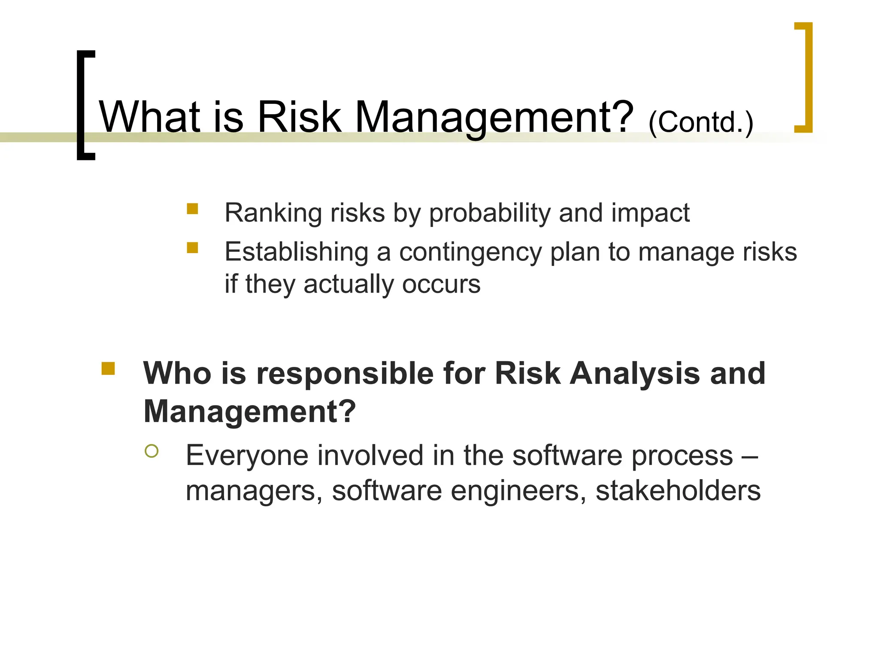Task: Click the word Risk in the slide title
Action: tap(299, 117)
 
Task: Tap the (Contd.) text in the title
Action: tap(700, 123)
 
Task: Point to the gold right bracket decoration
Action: tap(806, 77)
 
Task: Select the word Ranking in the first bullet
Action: tap(273, 213)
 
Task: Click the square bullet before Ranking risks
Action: tap(192, 209)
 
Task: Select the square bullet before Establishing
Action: tap(192, 248)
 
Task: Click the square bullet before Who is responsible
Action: tap(108, 369)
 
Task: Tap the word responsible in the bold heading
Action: tap(345, 373)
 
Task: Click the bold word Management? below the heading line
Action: tap(249, 411)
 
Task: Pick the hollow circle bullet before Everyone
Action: tap(152, 451)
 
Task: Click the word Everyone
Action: tap(247, 456)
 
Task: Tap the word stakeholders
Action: tap(678, 491)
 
